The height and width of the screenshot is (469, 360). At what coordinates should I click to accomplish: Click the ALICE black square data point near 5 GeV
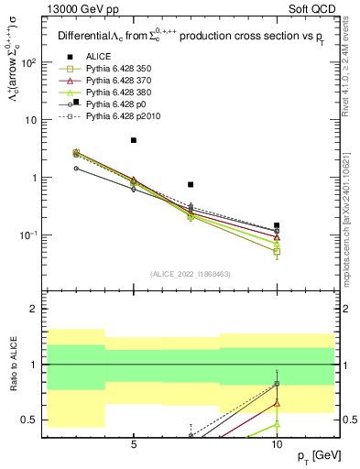point(134,140)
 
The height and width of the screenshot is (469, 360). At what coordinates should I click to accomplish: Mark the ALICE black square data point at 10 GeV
point(277,225)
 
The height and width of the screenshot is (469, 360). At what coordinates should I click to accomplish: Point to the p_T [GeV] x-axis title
point(319,455)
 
